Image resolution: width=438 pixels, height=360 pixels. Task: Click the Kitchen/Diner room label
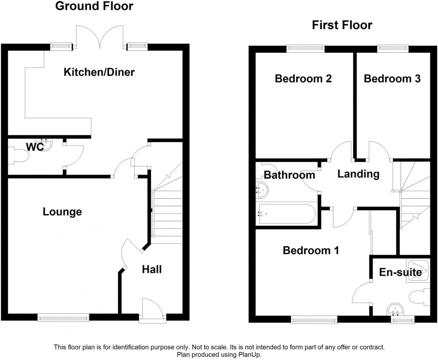(99, 72)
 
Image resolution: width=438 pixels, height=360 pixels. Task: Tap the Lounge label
(62, 212)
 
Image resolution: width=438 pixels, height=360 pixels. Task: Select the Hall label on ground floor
(152, 269)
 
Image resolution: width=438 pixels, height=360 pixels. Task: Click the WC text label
(34, 147)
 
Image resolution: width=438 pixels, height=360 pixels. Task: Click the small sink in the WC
(44, 142)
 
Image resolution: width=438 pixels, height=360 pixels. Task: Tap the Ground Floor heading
(94, 6)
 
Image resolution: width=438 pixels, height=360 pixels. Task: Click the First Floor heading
(341, 25)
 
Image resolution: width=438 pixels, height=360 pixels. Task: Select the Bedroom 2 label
(303, 79)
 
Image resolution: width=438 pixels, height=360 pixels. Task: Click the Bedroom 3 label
(392, 79)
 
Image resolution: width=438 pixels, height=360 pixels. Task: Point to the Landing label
(358, 174)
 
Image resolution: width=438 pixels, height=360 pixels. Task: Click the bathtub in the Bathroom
(286, 213)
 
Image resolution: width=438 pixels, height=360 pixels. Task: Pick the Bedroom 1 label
(311, 251)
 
